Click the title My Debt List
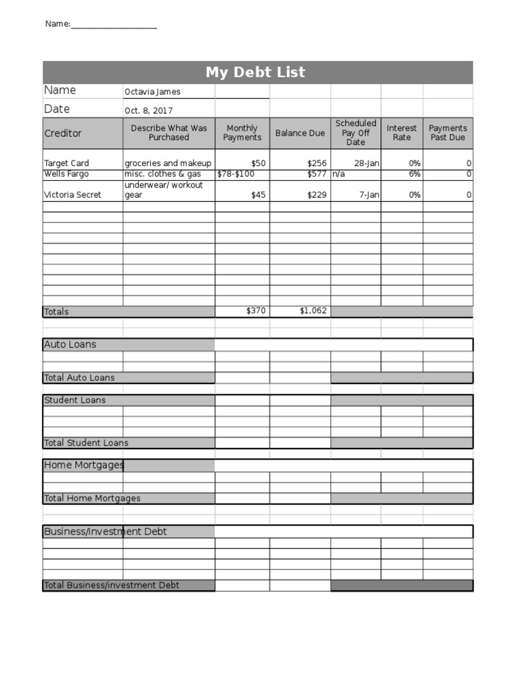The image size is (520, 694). tap(255, 73)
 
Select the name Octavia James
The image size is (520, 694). tap(152, 92)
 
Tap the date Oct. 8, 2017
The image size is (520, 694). tap(148, 110)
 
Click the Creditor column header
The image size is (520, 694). tap(63, 134)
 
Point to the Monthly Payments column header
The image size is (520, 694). tap(242, 133)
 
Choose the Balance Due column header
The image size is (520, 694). tap(300, 134)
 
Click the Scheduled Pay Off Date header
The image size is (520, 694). tap(355, 133)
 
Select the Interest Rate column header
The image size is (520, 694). tap(402, 133)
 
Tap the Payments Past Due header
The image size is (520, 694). tap(448, 133)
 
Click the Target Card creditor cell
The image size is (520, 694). tap(66, 163)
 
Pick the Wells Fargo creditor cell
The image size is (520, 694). tap(66, 174)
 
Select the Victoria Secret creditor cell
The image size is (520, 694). tap(72, 195)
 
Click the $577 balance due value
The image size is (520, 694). tap(316, 174)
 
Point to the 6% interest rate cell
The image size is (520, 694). tap(414, 174)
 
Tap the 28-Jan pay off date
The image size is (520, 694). tap(366, 163)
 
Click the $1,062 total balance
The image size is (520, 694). tap(313, 311)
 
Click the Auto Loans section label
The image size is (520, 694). tap(70, 344)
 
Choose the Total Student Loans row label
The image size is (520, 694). tap(86, 443)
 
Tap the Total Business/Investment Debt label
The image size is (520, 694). tap(112, 586)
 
